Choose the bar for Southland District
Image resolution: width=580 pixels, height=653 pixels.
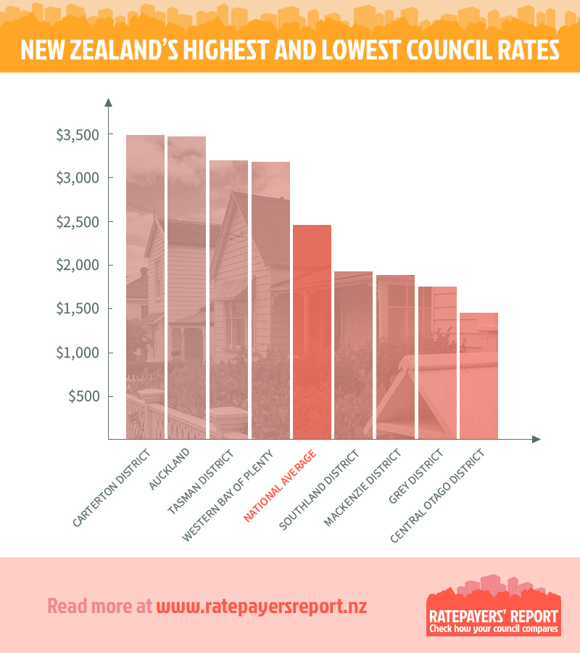[x=353, y=355]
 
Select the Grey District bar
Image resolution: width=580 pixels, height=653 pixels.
[x=437, y=362]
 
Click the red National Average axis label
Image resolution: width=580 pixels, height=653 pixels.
[x=281, y=485]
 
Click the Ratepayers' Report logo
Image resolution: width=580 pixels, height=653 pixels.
[x=493, y=607]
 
